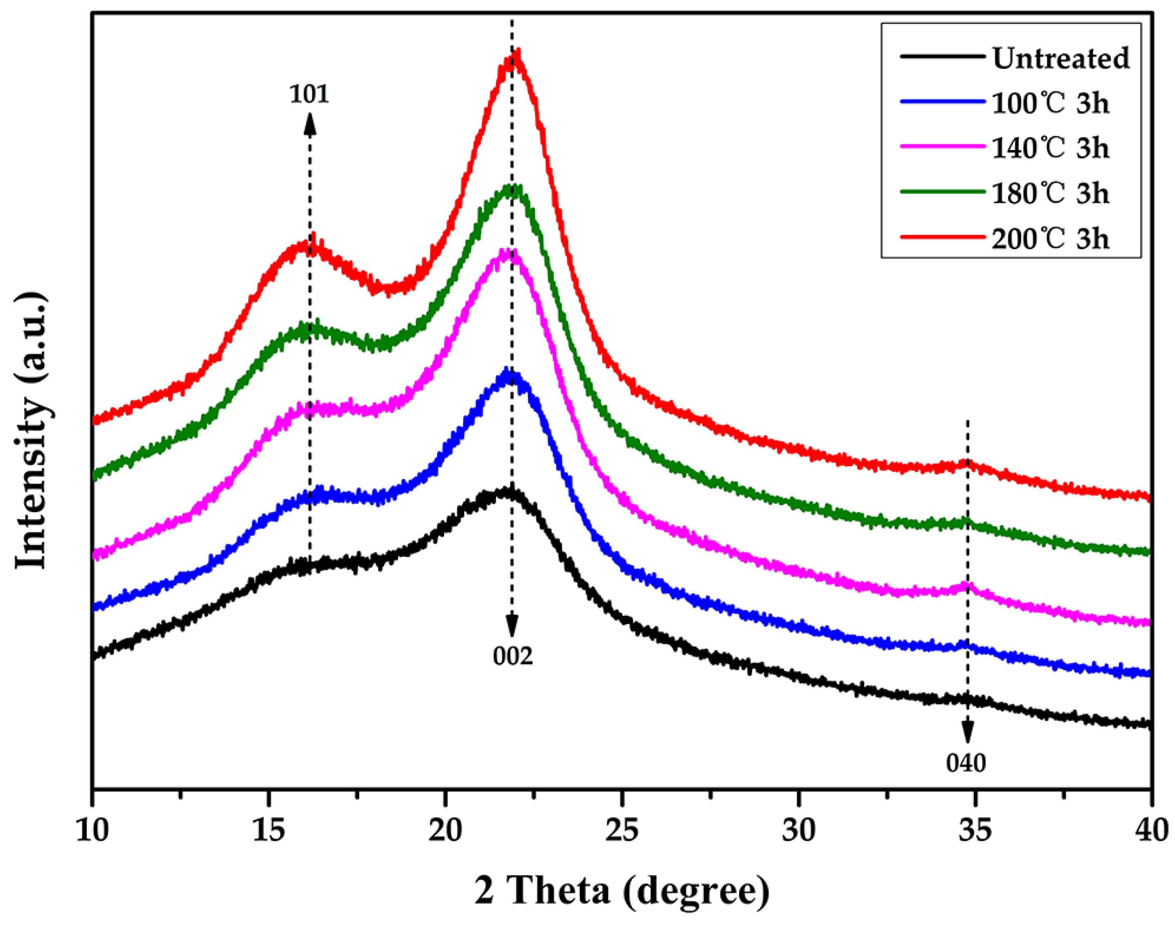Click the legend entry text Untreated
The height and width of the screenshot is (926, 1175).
1060,58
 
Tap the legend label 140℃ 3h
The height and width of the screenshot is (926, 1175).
1050,148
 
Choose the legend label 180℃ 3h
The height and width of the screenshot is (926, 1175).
1050,194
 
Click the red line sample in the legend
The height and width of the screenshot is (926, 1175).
942,237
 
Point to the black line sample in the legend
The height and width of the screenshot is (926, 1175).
942,56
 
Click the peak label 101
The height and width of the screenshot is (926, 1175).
309,94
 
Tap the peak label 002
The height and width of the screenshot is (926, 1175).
512,656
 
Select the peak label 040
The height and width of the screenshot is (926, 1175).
966,763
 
